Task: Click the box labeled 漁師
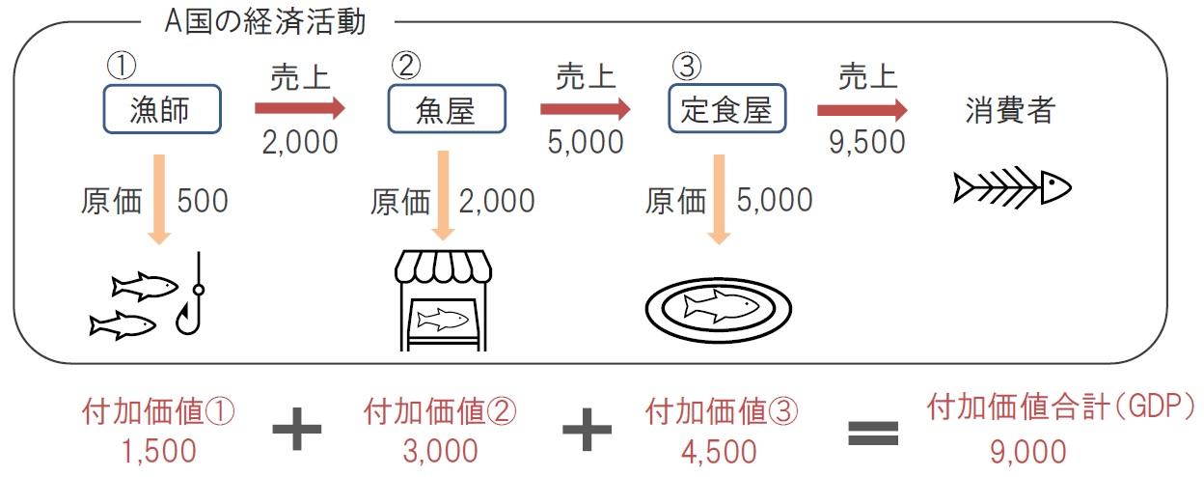coord(162,109)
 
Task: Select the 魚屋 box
coord(447,109)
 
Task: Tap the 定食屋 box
coord(727,109)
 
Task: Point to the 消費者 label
coord(1010,110)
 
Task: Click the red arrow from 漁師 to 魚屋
coord(299,108)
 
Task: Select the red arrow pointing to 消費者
coord(862,110)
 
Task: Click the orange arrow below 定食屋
coord(719,200)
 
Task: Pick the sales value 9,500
coord(867,142)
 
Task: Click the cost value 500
coord(203,201)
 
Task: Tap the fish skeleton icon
coord(1012,187)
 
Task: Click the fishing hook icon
coord(190,294)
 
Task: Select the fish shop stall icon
coord(444,300)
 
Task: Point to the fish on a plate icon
coord(719,310)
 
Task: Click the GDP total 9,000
coord(1028,452)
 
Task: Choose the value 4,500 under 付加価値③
coord(719,452)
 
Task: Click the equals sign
coord(873,434)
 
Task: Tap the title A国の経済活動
coord(265,22)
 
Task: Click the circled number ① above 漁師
coord(122,66)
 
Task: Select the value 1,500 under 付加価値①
coord(158,451)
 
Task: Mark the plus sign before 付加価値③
coord(587,429)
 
